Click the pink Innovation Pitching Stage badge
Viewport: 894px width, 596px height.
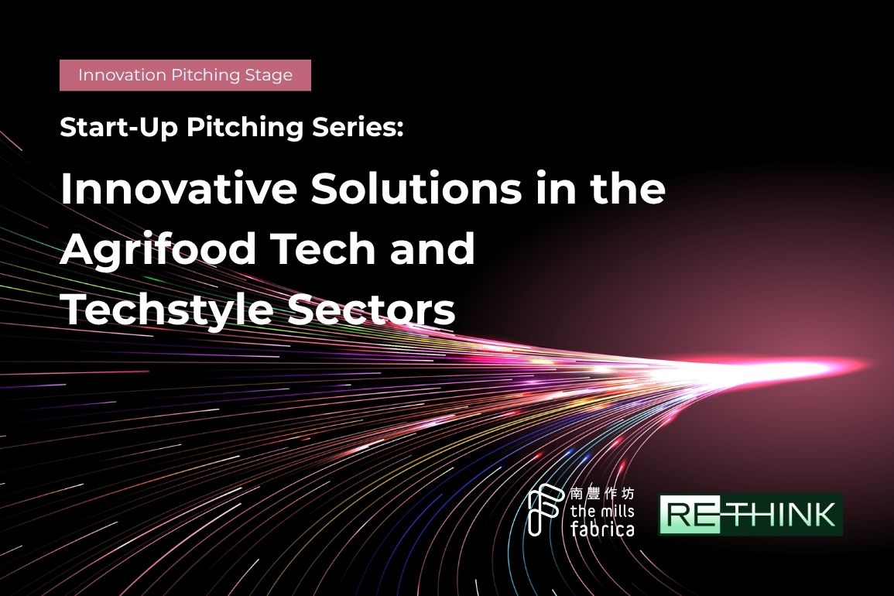pyautogui.click(x=185, y=75)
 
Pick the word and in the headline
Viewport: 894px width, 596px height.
pyautogui.click(x=433, y=248)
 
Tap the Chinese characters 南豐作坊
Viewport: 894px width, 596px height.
pyautogui.click(x=601, y=493)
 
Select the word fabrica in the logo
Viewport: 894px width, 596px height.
pyautogui.click(x=602, y=528)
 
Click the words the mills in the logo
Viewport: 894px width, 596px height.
pyautogui.click(x=602, y=510)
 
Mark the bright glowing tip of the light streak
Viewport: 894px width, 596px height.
pyautogui.click(x=865, y=365)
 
